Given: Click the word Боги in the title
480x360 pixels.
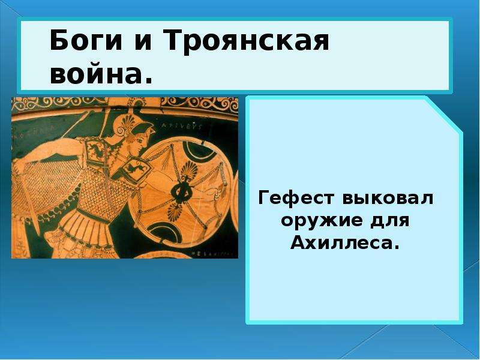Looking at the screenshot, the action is (86, 40).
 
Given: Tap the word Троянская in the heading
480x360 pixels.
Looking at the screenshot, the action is (246, 40).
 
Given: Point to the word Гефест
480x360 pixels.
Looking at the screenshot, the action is (296, 198).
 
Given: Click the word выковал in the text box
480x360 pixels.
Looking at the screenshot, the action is (388, 198).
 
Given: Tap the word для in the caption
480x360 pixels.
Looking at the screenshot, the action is (389, 221).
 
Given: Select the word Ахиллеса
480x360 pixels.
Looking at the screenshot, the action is (345, 244).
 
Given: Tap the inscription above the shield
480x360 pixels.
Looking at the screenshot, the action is (182, 126).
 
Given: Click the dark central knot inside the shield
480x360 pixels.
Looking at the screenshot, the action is (181, 193).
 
